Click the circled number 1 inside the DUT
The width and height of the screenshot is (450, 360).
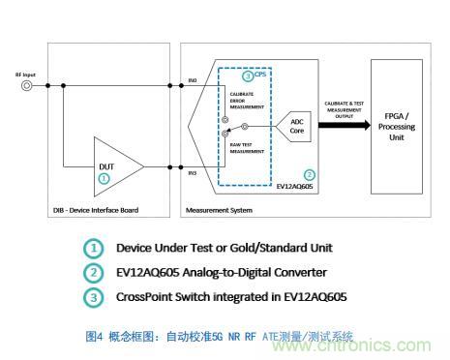click(x=105, y=178)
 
